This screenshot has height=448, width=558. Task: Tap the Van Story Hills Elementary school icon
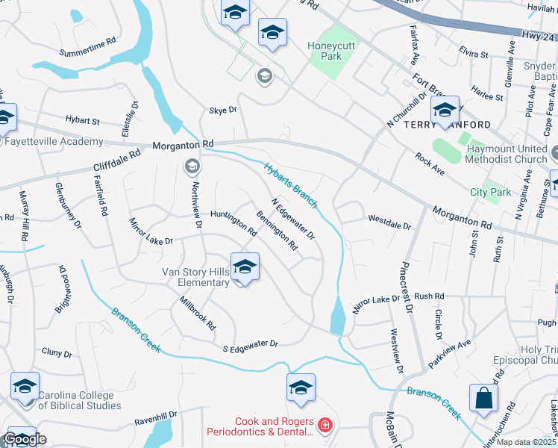pos(245,267)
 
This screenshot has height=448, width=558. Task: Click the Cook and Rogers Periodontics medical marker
pos(325,426)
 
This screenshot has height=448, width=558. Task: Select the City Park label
pos(491,192)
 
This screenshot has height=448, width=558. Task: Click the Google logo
pos(25,439)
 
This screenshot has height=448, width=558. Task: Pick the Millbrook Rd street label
pos(198,314)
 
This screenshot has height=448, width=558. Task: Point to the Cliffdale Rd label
pos(116,159)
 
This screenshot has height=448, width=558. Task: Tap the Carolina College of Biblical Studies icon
pos(25,388)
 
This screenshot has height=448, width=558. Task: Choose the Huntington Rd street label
pos(233,223)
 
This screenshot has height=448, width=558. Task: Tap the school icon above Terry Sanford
pos(445,110)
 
